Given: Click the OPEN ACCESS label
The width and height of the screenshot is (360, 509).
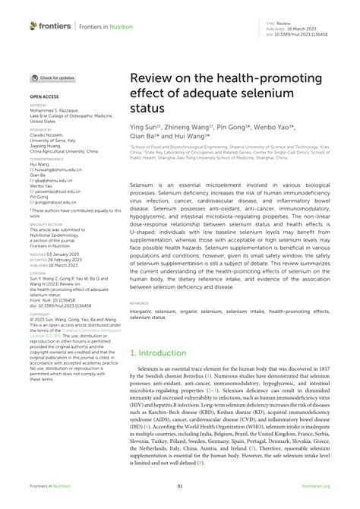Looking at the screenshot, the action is (45, 98).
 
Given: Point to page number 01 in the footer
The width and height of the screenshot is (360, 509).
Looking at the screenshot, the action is (180, 486).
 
